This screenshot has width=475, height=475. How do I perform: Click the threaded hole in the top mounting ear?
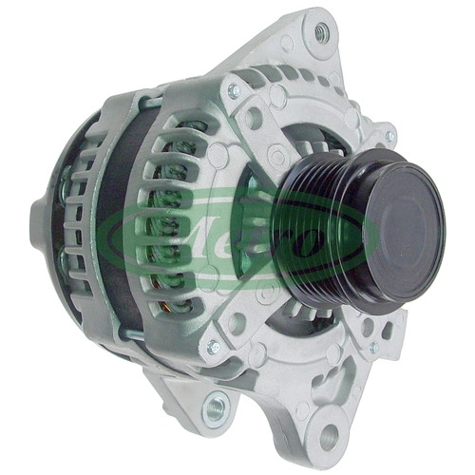(x=321, y=31)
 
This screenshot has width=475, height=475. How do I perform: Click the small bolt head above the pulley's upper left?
(x=234, y=90)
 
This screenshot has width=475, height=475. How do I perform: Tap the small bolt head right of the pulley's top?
(x=390, y=137)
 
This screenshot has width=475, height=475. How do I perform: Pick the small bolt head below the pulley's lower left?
(x=213, y=347)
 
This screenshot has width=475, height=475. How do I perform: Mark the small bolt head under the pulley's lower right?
(x=374, y=347)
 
